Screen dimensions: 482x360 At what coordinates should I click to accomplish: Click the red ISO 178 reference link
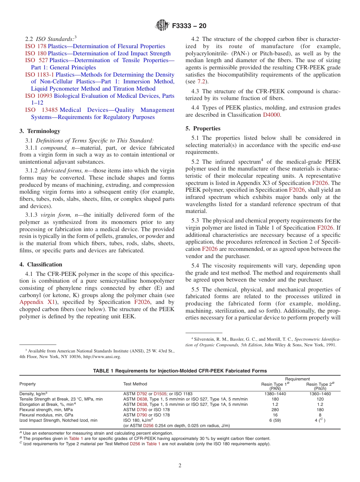tap(36, 46)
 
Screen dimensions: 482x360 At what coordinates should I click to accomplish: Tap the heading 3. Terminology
tap(39, 131)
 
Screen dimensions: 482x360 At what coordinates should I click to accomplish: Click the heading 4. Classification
tap(41, 264)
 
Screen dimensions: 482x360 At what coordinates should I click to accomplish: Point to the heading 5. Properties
tap(203, 128)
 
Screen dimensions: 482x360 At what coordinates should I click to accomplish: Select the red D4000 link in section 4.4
tap(272, 115)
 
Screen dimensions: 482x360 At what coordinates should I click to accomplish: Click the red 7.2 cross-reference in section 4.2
tap(202, 81)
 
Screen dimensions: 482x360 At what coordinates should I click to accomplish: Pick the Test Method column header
tap(135, 384)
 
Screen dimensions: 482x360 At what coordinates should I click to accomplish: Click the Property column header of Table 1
tap(28, 384)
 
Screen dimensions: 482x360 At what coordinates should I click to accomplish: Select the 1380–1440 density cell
tap(275, 394)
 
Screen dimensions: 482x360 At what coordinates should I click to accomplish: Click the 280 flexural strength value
tap(275, 410)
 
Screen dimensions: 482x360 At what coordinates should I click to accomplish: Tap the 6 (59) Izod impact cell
tap(275, 420)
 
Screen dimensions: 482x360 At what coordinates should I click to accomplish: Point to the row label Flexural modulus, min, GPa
tap(46, 415)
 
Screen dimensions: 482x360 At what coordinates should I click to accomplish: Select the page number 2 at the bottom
tap(180, 466)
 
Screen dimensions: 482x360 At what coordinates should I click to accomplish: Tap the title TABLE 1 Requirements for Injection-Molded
tap(180, 371)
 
